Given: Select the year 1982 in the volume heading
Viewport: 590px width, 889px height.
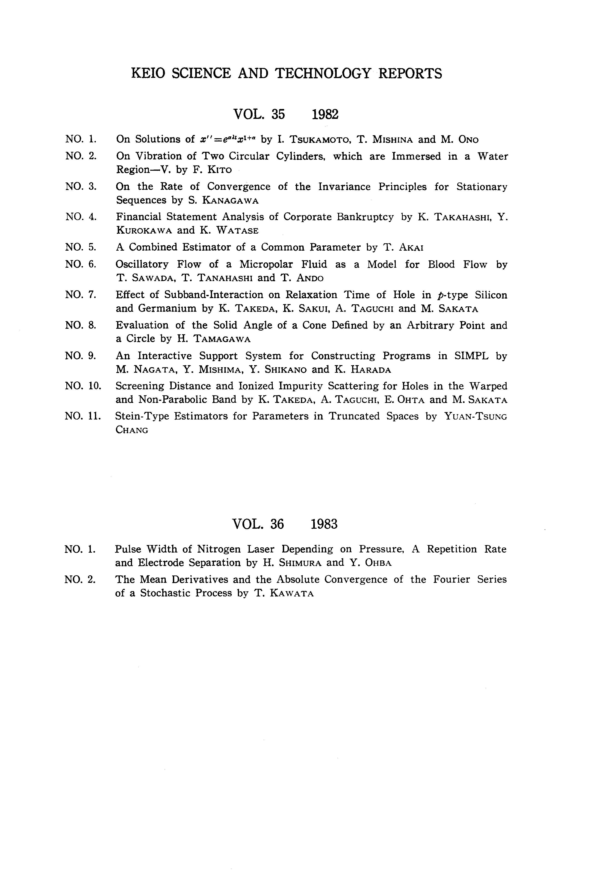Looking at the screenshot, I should pyautogui.click(x=325, y=114).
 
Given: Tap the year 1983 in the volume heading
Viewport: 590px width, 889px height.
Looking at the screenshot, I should pyautogui.click(x=324, y=524).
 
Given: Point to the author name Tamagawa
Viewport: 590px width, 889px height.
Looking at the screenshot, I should pyautogui.click(x=222, y=339).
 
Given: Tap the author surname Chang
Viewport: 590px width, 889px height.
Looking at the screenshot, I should pyautogui.click(x=132, y=430).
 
